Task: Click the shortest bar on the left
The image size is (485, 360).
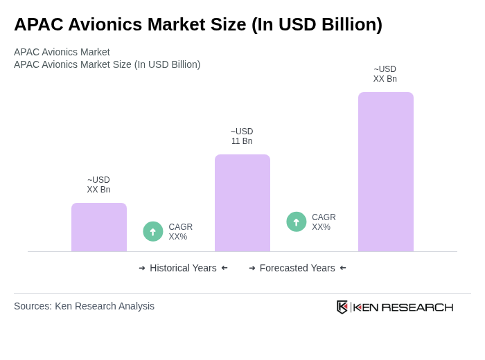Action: (99, 227)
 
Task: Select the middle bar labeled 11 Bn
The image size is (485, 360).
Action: (242, 203)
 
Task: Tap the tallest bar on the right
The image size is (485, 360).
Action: (386, 172)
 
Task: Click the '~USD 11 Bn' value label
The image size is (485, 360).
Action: (242, 136)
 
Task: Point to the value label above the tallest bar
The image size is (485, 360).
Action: (385, 74)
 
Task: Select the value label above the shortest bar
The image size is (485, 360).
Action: (98, 185)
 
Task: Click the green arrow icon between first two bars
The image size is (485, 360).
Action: (153, 231)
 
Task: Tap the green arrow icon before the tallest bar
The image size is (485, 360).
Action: (297, 222)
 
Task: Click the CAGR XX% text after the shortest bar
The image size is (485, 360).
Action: (180, 232)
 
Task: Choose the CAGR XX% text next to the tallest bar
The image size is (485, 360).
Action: (324, 222)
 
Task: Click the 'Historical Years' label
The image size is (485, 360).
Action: (183, 268)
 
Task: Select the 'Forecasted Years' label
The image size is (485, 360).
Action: (297, 268)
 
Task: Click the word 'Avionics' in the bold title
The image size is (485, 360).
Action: (100, 24)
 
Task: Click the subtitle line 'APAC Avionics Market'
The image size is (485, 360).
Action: (62, 52)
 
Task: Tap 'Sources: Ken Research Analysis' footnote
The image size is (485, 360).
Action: (84, 306)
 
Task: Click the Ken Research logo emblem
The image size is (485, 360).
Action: (342, 307)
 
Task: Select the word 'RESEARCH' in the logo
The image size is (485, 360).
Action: (417, 307)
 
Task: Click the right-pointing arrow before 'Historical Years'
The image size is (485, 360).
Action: (142, 268)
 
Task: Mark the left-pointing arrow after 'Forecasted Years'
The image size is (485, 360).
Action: (343, 268)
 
